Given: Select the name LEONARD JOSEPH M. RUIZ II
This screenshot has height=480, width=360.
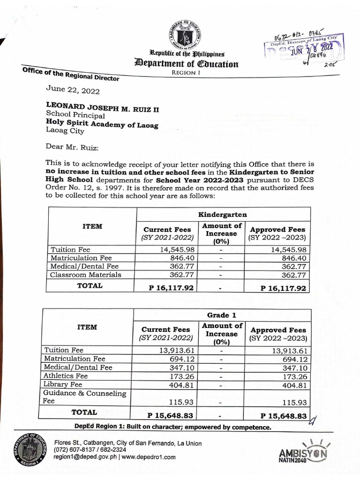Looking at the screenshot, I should tap(102, 108).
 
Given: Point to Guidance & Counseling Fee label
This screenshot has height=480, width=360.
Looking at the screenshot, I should tap(84, 397).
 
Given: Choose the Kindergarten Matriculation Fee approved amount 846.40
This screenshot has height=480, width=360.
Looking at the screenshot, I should tap(294, 258).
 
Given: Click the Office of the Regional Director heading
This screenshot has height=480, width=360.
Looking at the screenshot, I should tap(70, 75).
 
